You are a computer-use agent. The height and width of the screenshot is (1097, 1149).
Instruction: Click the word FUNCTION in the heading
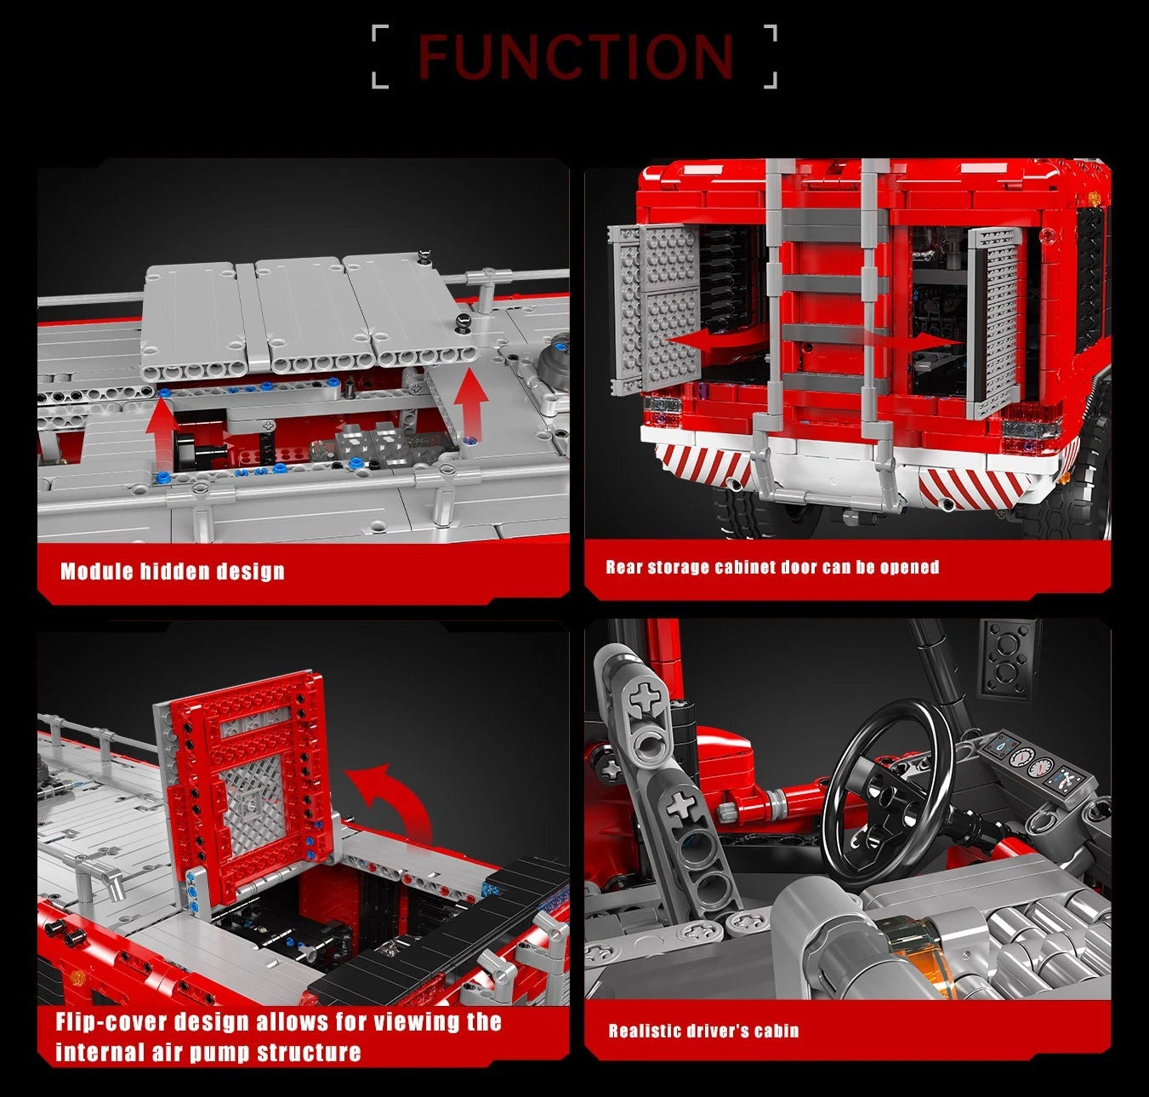(x=576, y=57)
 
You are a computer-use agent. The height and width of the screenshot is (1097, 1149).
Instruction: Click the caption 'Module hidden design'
(x=173, y=571)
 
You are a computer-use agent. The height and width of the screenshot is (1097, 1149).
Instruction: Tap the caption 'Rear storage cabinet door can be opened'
(x=772, y=567)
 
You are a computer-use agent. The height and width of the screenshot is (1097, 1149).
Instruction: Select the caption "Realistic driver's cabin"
(x=703, y=1031)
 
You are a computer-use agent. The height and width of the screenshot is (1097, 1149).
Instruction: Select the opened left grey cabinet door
(x=655, y=310)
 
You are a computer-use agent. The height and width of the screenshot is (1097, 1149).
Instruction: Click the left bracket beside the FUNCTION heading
(x=380, y=57)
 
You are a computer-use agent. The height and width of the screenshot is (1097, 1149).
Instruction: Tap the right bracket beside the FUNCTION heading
(x=770, y=57)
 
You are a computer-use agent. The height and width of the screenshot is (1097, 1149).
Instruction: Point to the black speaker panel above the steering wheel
(x=1010, y=658)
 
